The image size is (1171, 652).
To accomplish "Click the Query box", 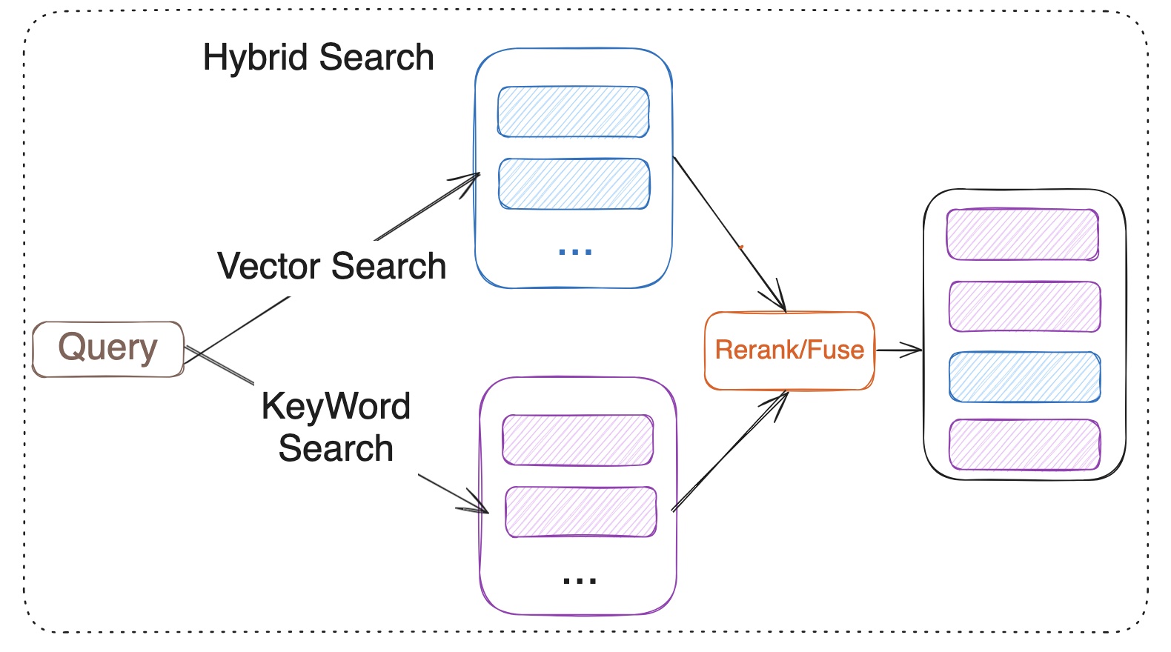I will tap(108, 349).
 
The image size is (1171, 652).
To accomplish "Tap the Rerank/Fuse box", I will tap(789, 350).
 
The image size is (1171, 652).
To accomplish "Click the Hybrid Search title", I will tap(318, 58).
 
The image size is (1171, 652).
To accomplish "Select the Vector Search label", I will tap(331, 266).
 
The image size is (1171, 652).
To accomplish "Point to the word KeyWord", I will tap(336, 406).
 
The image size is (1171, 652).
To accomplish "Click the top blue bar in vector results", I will tap(573, 112).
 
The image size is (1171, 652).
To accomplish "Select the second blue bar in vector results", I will tap(574, 184).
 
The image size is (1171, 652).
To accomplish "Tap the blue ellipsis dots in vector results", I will tap(574, 253).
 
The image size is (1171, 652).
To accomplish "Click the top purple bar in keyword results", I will tap(577, 440).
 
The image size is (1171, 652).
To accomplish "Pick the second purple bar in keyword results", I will tap(580, 512).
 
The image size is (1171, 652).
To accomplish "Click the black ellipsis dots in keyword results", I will tap(579, 581).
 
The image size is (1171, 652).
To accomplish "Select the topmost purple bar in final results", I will tap(1022, 234).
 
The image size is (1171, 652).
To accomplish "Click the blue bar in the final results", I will tap(1024, 377).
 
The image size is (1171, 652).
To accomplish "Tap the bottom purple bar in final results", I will tap(1024, 445).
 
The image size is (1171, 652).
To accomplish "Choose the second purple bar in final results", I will tap(1024, 306).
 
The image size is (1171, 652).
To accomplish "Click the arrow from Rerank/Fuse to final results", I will tap(898, 350).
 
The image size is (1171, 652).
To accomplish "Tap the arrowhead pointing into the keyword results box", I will tap(477, 505).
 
